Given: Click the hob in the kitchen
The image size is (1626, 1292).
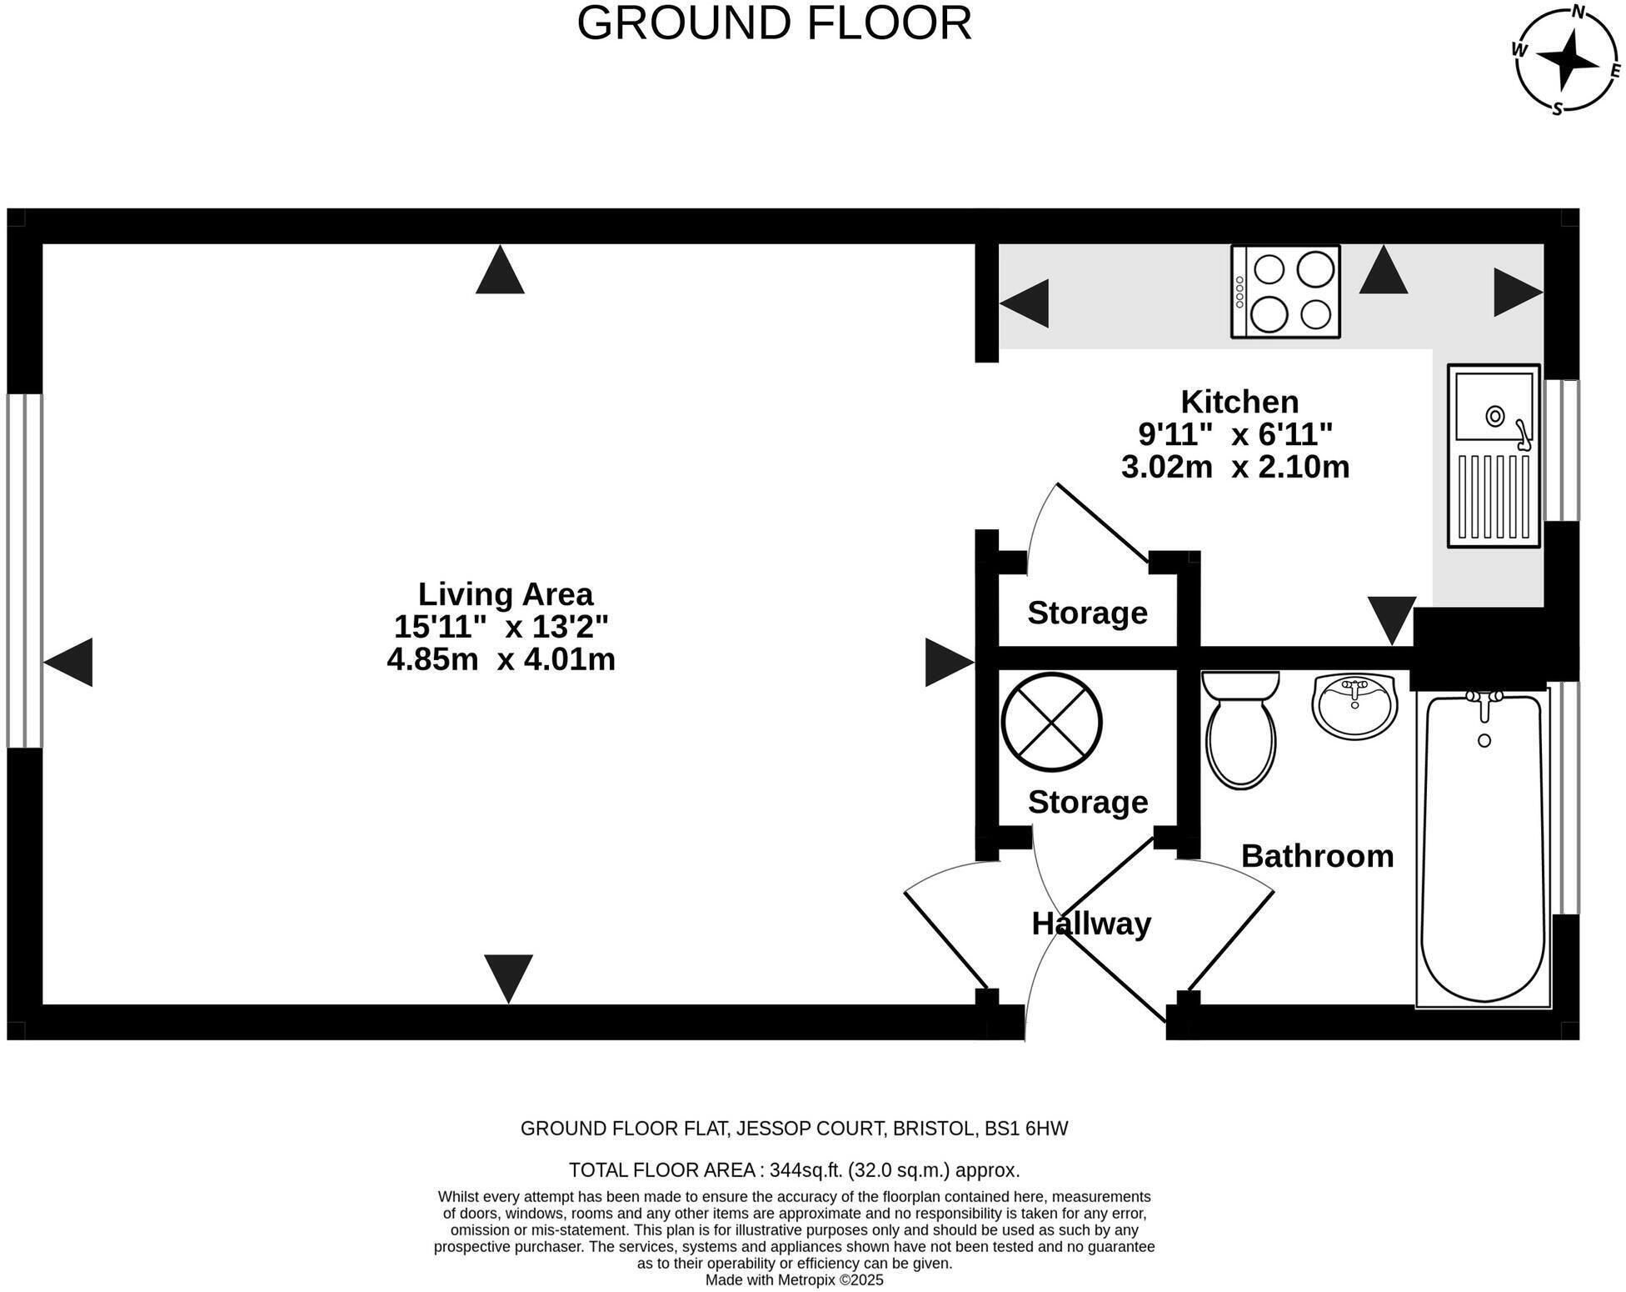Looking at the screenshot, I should point(1285,292).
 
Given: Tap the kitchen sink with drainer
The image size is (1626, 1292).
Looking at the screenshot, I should point(1493,456).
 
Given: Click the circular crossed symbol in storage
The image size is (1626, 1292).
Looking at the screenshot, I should point(1051,723).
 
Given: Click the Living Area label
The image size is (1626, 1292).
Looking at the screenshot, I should point(505,594).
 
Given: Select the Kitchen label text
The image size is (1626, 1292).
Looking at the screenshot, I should point(1239,402).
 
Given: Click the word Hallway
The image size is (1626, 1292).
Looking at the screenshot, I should point(1091,924).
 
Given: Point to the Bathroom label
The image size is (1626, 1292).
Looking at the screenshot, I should point(1317,856).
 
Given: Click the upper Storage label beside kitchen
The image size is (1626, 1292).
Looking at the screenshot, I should point(1087,613).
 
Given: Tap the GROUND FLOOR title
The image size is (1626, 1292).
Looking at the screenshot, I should point(774,23).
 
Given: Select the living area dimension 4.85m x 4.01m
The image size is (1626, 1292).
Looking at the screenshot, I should point(501,659).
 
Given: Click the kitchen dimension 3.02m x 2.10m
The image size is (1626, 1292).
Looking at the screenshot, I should point(1234,467).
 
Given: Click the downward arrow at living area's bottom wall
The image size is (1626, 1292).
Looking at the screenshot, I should point(508,977).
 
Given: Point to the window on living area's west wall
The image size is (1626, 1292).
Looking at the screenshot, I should point(24,571).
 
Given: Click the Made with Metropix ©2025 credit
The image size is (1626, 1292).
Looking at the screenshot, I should point(794,1280).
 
